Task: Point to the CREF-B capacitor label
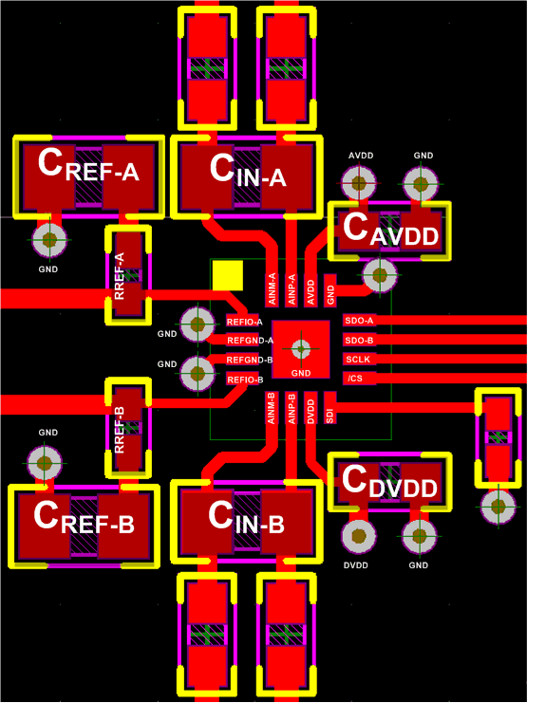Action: click(x=84, y=517)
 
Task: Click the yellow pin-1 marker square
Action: click(x=228, y=275)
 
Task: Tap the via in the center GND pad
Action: click(x=301, y=348)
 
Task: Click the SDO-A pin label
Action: click(x=359, y=321)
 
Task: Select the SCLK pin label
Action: click(x=358, y=360)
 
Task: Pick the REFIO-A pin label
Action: click(x=244, y=321)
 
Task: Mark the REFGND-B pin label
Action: click(x=250, y=361)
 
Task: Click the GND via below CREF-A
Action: click(x=47, y=240)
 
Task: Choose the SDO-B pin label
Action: click(x=359, y=340)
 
